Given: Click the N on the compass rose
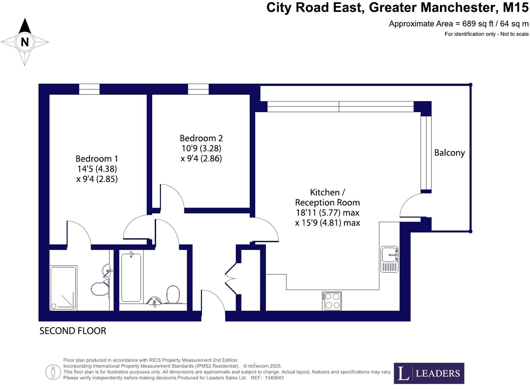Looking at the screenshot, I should [x=24, y=42].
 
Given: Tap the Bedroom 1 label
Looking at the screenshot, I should [x=97, y=159].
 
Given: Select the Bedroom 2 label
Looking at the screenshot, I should [x=201, y=138].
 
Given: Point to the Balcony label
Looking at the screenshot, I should [x=450, y=153].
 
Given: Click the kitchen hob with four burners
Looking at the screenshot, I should [x=332, y=301].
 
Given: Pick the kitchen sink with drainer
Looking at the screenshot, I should [x=389, y=259].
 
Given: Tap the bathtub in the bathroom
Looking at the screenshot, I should [x=131, y=277].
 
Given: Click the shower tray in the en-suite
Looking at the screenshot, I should [x=63, y=287].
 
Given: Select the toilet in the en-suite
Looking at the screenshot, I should [x=100, y=289].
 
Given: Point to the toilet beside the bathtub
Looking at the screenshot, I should [x=173, y=295].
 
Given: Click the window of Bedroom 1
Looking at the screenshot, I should [x=89, y=89].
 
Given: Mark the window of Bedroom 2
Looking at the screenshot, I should [x=198, y=89].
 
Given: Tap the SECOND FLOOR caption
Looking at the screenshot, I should [x=73, y=331].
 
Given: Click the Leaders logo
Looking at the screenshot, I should [x=429, y=373].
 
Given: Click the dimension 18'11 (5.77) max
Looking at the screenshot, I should [x=328, y=213].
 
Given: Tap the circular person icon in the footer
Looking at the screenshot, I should [x=53, y=372].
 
